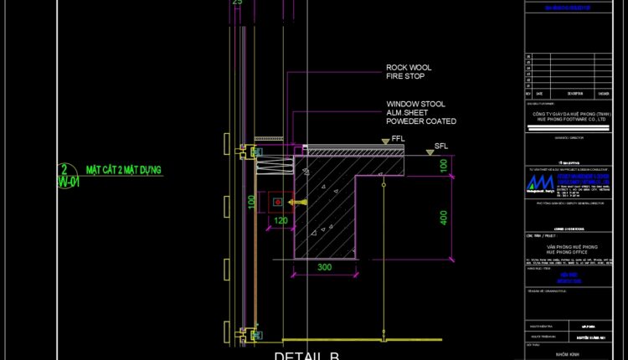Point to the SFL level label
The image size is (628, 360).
[x=441, y=147]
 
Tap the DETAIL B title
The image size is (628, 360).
[x=307, y=355]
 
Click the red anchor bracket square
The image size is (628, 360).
[x=276, y=202]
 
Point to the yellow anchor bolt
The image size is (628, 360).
[x=294, y=202]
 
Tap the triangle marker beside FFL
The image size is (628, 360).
[x=384, y=141]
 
